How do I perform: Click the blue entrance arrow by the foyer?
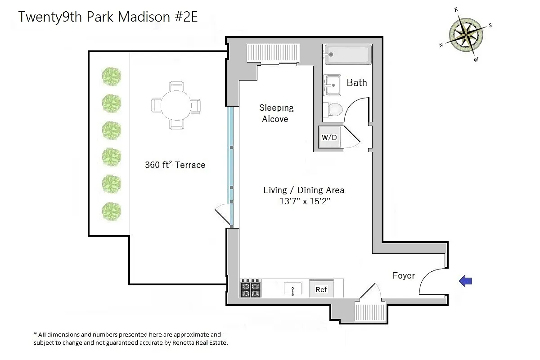point(465,281)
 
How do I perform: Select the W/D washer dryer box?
point(329,137)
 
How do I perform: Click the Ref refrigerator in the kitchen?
point(321,289)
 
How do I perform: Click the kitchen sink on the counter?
point(292,288)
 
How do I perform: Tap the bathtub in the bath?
point(347,54)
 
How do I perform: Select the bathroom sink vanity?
point(332,85)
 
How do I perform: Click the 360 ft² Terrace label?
point(175,165)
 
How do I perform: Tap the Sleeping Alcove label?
point(276,113)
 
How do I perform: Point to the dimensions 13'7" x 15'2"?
point(305,202)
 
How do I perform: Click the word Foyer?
point(403,275)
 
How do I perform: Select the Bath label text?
point(356,83)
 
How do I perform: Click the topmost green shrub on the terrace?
point(111,76)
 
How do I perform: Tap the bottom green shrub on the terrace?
point(111,211)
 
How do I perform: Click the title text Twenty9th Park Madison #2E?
point(108,17)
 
